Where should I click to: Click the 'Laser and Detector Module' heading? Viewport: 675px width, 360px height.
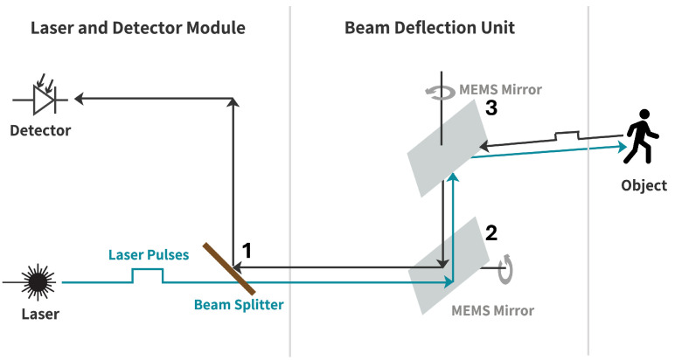[x=138, y=27]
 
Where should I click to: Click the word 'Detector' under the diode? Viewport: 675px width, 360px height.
[x=40, y=131]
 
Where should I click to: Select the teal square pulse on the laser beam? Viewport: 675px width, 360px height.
[x=147, y=275]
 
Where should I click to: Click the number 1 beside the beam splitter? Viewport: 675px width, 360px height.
[x=247, y=251]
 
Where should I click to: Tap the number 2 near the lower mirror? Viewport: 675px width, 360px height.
[x=491, y=232]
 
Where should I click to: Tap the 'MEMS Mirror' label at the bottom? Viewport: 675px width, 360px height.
[x=492, y=310]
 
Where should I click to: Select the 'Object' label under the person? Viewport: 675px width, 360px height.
[x=644, y=185]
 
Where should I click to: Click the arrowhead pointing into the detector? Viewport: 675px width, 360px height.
[x=80, y=99]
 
